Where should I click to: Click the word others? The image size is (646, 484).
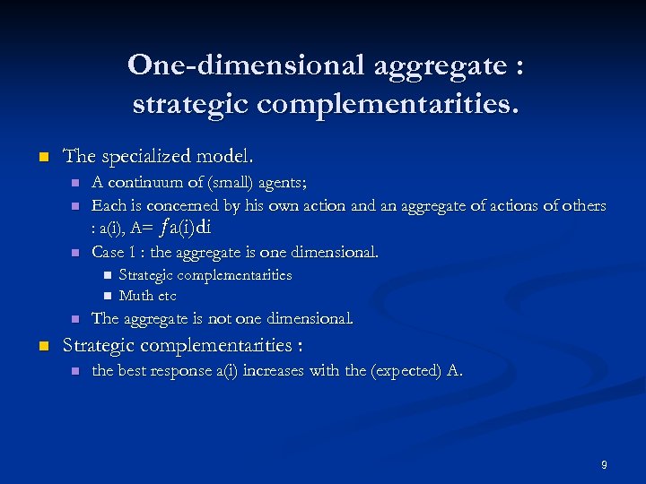pyautogui.click(x=582, y=205)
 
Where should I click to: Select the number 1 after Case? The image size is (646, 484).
pyautogui.click(x=133, y=252)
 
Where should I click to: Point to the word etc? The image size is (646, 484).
pyautogui.click(x=167, y=295)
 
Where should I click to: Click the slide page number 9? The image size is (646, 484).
pyautogui.click(x=604, y=464)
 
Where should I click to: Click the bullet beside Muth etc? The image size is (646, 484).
pyautogui.click(x=106, y=296)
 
